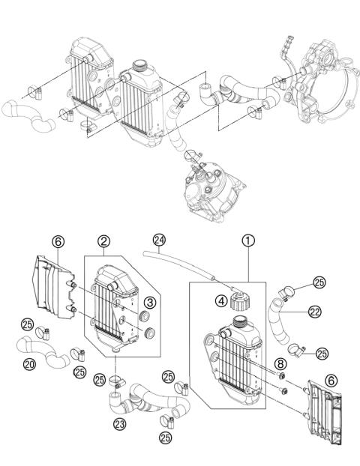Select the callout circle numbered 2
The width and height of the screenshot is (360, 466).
105,241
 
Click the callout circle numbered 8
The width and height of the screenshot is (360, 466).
280,365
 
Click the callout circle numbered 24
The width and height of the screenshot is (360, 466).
157,240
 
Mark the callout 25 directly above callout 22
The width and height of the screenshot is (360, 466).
319,282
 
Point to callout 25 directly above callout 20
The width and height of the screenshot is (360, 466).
27,324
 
